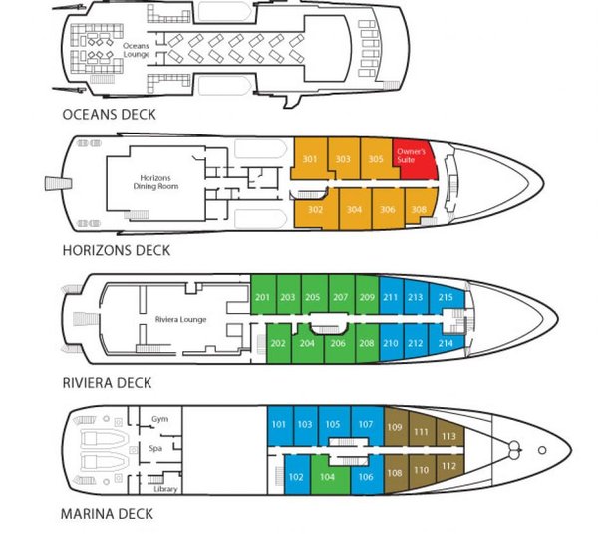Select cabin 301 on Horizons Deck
pos(310,159)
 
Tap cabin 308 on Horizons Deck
pos(419,210)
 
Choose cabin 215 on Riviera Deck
pos(446,297)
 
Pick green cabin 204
pos(307,343)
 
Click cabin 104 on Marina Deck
pos(328,476)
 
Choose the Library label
pos(165,488)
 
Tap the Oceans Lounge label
pos(136,49)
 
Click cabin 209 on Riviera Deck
pos(366,297)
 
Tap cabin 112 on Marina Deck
pos(448,468)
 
